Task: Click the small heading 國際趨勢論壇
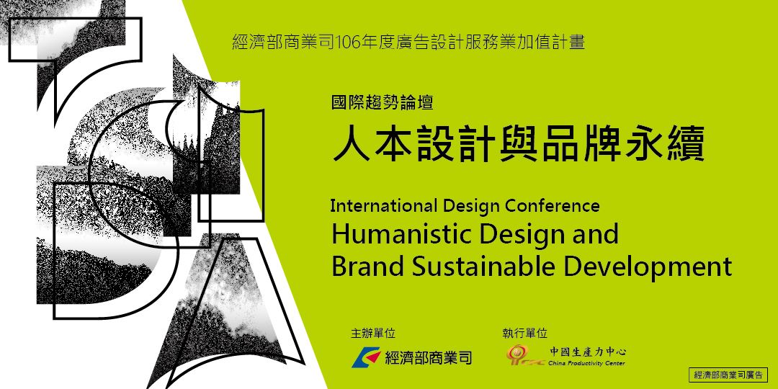[382, 102]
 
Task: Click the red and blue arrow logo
[366, 357]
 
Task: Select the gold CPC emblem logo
[523, 354]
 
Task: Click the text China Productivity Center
[587, 363]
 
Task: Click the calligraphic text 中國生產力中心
[588, 352]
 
